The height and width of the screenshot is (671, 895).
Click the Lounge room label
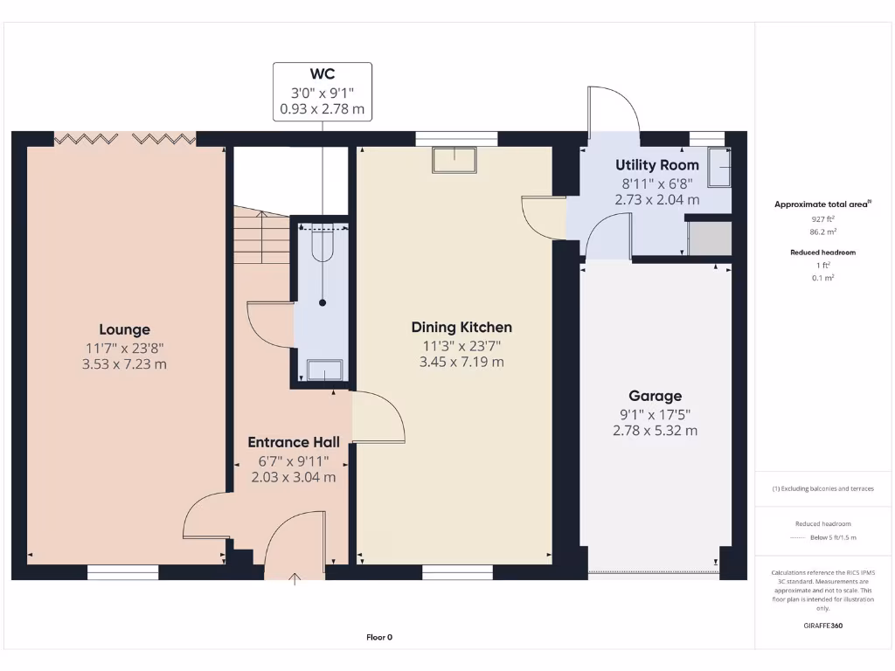124,329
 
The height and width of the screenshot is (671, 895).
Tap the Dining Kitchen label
461,328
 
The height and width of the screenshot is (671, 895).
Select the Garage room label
655,396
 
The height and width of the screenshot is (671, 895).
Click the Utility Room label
656,165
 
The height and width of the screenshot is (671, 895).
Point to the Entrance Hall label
294,442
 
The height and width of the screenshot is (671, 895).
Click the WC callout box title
322,74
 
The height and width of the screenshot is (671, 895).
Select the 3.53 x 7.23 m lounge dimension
124,363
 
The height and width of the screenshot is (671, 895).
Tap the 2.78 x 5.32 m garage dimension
655,430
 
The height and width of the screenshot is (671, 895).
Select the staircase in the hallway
260,234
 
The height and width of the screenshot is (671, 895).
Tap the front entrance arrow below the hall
295,577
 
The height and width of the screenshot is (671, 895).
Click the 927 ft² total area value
822,218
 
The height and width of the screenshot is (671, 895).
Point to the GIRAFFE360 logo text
823,626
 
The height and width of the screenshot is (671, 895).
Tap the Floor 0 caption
379,637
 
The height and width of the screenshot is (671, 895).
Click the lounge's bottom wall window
123,572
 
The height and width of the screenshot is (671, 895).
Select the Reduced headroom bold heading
822,252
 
